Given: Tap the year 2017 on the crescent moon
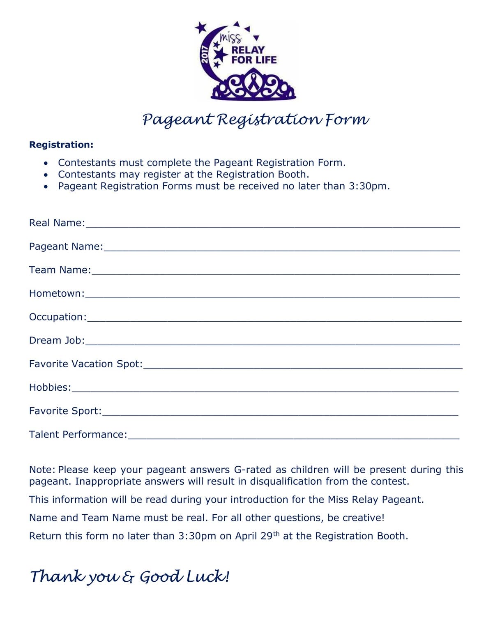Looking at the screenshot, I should (205, 55).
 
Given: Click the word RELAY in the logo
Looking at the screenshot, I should (248, 50).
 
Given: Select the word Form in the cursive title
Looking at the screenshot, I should (347, 120).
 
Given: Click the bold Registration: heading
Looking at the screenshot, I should (61, 145).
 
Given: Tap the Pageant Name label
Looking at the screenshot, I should (66, 246).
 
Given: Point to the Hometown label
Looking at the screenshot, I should (57, 293).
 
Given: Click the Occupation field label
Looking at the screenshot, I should (58, 317).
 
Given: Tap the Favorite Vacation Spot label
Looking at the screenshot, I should (86, 364).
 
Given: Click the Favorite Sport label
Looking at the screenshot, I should (65, 411).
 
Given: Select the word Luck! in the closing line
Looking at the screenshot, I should (208, 576).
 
